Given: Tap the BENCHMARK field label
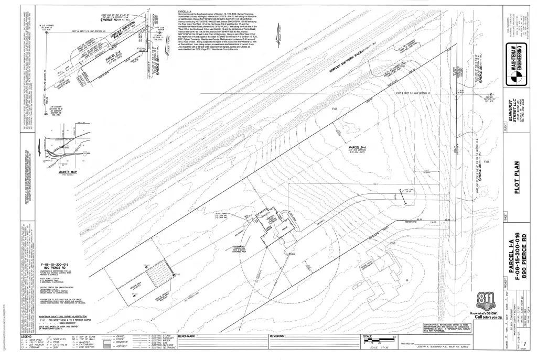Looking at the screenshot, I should (x=188, y=335).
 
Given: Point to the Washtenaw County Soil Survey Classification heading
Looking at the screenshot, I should (x=69, y=301).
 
